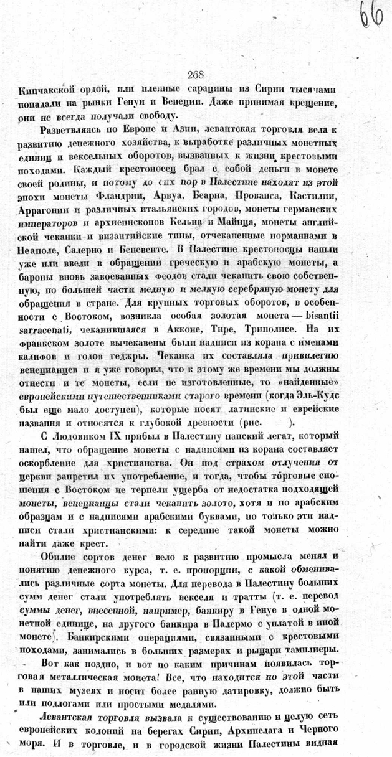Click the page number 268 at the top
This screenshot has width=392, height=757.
click(x=195, y=75)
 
